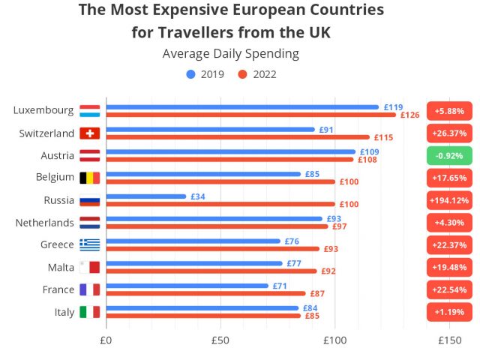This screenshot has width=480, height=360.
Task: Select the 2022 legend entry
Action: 258,74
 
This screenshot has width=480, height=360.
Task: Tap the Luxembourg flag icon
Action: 90,111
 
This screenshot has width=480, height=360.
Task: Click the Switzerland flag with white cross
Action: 90,133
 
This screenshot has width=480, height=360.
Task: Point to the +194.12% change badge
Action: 448,200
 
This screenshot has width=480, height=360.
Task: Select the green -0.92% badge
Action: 448,156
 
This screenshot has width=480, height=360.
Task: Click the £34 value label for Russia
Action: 198,196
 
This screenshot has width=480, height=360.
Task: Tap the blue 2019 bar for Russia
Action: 146,196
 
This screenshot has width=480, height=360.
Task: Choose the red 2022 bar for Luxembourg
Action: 250,115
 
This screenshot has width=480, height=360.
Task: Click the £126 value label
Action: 409,115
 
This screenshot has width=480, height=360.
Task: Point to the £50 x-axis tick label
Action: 220,340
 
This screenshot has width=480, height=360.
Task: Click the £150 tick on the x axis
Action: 448,340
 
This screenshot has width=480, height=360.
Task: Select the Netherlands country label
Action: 44,223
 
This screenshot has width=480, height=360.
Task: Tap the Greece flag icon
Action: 90,245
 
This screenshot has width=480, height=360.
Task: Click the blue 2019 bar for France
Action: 187,286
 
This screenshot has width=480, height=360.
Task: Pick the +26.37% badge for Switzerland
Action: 448,133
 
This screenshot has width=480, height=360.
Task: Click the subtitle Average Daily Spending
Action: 230,54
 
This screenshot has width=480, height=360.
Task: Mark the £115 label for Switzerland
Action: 383,138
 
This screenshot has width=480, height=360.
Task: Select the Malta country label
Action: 59,268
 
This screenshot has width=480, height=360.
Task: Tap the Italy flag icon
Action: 90,312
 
